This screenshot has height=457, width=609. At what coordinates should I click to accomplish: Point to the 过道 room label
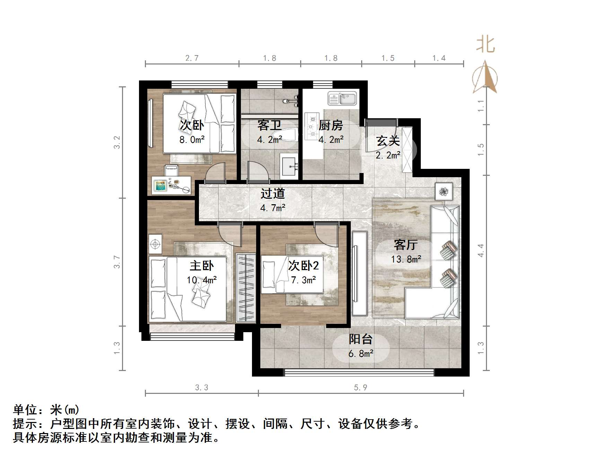click(272, 193)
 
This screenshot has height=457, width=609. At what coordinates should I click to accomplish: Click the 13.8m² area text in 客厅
click(406, 259)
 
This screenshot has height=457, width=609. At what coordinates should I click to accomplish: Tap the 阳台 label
click(360, 339)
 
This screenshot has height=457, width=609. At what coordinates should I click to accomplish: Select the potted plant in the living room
click(444, 191)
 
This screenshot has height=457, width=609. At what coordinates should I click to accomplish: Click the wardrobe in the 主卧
click(246, 288)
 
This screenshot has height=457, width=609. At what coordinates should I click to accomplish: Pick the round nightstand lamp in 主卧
click(155, 244)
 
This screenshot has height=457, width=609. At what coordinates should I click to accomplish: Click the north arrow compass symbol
click(485, 78)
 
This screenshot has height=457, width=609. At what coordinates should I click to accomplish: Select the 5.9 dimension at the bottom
click(360, 387)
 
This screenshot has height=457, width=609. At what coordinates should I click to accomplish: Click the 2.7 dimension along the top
click(192, 58)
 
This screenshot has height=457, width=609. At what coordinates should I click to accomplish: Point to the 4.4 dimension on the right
click(480, 250)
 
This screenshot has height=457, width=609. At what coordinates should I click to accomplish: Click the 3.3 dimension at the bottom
click(201, 387)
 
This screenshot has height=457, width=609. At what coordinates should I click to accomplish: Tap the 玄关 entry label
click(388, 141)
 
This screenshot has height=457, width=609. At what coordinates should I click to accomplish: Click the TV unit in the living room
click(359, 273)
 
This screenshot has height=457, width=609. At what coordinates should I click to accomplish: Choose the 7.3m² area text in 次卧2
click(303, 280)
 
